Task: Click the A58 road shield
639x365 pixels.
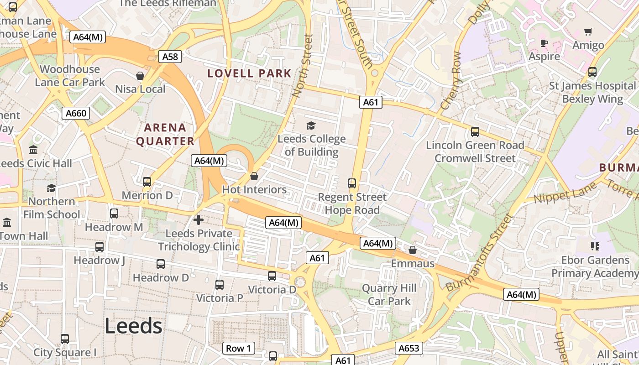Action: pyautogui.click(x=170, y=57)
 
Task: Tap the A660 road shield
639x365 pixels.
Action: pyautogui.click(x=76, y=113)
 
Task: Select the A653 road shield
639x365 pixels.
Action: pyautogui.click(x=409, y=349)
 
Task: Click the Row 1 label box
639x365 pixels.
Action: pyautogui.click(x=239, y=349)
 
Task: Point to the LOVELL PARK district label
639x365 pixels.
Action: pyautogui.click(x=249, y=73)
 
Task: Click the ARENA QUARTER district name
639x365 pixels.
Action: pyautogui.click(x=165, y=134)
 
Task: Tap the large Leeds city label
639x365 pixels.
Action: pyautogui.click(x=133, y=326)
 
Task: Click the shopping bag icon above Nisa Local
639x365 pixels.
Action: pyautogui.click(x=140, y=76)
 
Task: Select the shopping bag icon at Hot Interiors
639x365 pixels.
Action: pyautogui.click(x=254, y=176)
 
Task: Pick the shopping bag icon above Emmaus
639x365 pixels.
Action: pyautogui.click(x=413, y=250)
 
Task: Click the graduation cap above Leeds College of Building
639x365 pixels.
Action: pyautogui.click(x=311, y=125)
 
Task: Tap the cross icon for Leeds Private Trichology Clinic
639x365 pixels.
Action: pyautogui.click(x=199, y=220)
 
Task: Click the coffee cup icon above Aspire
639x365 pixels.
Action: pyautogui.click(x=544, y=43)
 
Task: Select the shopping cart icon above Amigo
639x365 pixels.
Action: pyautogui.click(x=588, y=32)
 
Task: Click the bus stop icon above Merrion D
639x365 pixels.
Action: pyautogui.click(x=147, y=182)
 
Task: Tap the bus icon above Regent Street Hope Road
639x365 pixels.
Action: pyautogui.click(x=352, y=183)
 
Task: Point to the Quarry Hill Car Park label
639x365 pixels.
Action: pyautogui.click(x=389, y=295)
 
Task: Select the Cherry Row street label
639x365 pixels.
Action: pyautogui.click(x=451, y=81)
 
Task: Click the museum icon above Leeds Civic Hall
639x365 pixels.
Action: pyautogui.click(x=33, y=150)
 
